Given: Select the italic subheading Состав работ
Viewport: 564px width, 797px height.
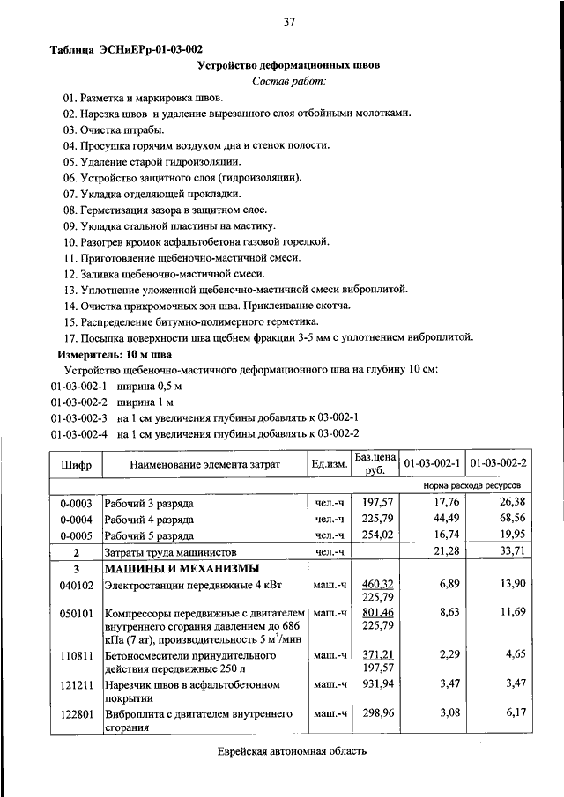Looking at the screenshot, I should point(289,81).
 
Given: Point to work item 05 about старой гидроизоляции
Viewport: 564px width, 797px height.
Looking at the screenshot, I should point(152,162).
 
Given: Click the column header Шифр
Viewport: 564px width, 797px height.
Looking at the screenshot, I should point(76,463).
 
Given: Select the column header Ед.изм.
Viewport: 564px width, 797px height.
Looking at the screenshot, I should point(329,463).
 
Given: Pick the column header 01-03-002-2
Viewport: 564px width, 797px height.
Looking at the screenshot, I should point(499,463).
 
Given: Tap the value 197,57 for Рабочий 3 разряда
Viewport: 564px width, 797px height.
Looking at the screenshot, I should point(374,503).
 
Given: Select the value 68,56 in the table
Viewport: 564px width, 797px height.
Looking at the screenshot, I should point(510,519).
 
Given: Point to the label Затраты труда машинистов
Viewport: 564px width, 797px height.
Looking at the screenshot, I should point(174,552).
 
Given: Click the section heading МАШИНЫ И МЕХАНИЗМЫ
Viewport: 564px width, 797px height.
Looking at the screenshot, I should point(182,568).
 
